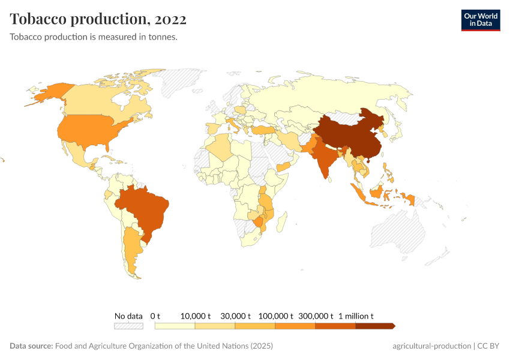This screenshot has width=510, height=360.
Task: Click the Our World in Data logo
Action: pyautogui.click(x=480, y=20)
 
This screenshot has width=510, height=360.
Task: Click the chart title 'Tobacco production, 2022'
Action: pyautogui.click(x=98, y=19)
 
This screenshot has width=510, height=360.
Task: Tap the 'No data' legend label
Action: pyautogui.click(x=128, y=316)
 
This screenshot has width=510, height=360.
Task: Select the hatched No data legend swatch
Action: pyautogui.click(x=128, y=326)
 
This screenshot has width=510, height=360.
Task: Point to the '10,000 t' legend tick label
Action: pyautogui.click(x=195, y=316)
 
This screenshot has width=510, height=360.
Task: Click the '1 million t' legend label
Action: pyautogui.click(x=356, y=316)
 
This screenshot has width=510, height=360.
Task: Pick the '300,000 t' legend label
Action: pyautogui.click(x=316, y=316)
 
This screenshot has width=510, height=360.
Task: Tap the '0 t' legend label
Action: pyautogui.click(x=155, y=316)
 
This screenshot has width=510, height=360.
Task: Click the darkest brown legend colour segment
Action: pyautogui.click(x=374, y=326)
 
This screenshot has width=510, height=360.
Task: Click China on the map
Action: pyautogui.click(x=348, y=138)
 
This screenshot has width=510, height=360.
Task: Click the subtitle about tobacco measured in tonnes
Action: pyautogui.click(x=93, y=37)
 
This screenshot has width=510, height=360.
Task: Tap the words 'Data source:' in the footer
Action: pyautogui.click(x=31, y=346)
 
